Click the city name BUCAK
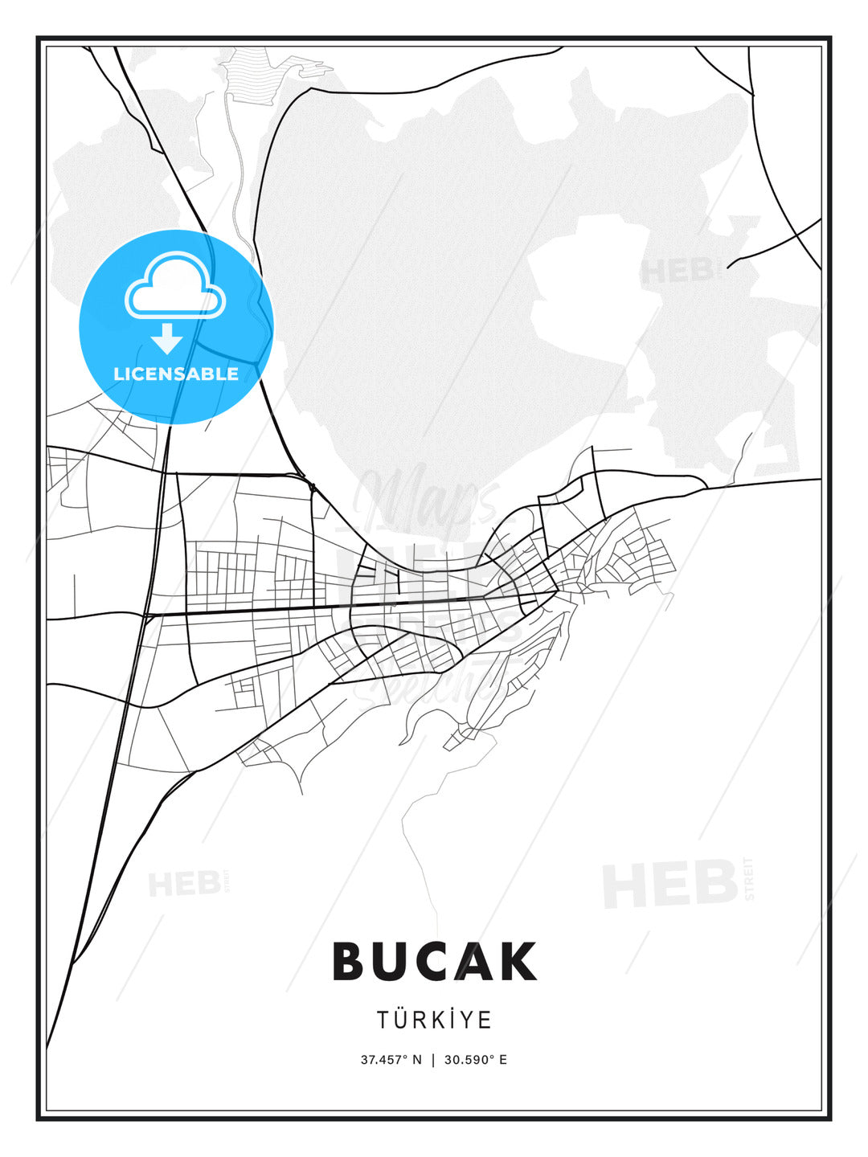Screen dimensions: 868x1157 434,962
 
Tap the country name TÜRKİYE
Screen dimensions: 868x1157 434,1020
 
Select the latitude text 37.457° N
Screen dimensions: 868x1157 391,1060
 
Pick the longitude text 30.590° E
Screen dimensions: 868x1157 476,1060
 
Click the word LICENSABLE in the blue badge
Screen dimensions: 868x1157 176,374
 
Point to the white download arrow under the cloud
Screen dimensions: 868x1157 167,338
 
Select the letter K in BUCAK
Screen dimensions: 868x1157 519,962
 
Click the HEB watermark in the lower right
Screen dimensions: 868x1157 671,883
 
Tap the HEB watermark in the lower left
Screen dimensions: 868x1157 184,884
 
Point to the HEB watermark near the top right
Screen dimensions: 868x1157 677,271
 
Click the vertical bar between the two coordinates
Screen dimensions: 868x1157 433,1060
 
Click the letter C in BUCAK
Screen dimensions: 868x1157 436,962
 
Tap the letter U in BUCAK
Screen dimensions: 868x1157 392,962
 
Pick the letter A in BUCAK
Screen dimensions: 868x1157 477,962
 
